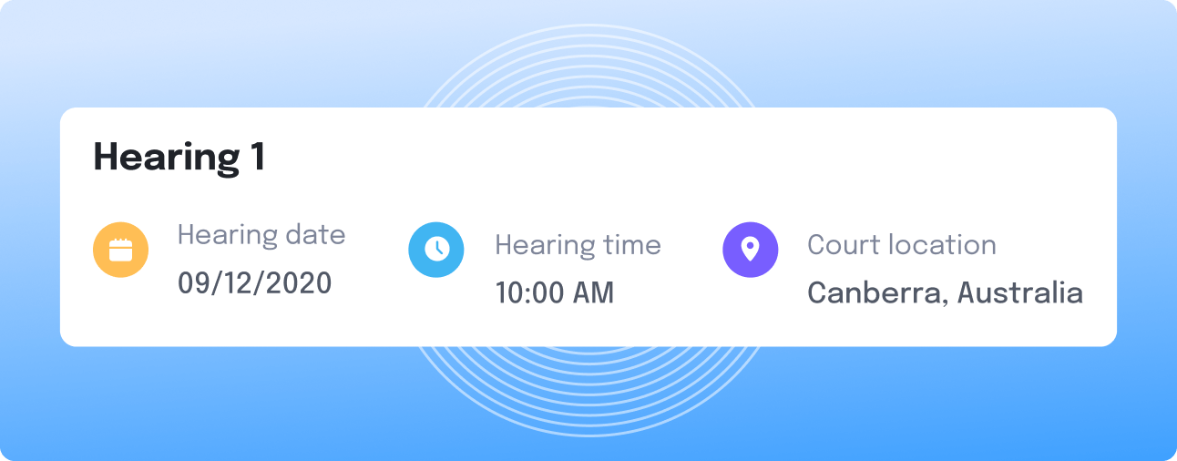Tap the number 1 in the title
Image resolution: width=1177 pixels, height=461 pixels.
[258, 156]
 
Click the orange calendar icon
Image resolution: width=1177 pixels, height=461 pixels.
[121, 250]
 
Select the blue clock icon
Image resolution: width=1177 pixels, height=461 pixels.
[436, 250]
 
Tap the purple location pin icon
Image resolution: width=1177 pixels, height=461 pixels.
[751, 250]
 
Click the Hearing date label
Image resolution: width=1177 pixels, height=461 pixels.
[261, 236]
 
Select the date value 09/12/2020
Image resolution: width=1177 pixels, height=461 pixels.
[254, 282]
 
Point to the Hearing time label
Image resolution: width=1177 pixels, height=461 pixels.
[578, 246]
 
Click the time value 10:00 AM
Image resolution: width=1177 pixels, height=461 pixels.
[555, 292]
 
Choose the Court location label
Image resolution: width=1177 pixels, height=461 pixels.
[902, 245]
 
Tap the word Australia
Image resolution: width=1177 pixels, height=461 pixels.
[1020, 292]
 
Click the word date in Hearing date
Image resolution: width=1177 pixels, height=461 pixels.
[315, 234]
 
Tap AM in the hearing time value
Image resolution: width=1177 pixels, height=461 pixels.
[593, 292]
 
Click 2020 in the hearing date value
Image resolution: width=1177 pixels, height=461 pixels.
[299, 282]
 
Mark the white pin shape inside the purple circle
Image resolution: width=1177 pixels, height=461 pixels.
[751, 249]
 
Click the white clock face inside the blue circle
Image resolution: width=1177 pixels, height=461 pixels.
[436, 249]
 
